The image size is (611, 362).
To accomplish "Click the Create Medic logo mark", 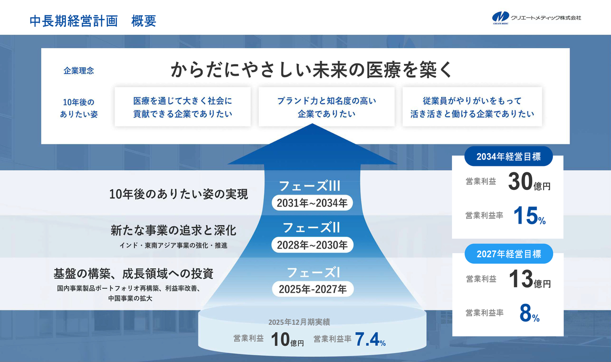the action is (x=501, y=18).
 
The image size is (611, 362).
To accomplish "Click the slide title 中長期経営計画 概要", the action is (x=93, y=21).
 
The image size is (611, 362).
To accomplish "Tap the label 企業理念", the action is (x=79, y=71).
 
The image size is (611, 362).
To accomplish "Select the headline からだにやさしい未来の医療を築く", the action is (x=312, y=70).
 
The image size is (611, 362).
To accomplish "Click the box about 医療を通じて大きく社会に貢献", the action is (x=182, y=106).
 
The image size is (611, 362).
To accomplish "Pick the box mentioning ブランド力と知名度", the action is (x=327, y=106).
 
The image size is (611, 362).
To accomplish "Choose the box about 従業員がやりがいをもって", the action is (x=472, y=106).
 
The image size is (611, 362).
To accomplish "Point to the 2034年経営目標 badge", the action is (x=508, y=156).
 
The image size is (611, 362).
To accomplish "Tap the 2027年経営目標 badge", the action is (x=509, y=254).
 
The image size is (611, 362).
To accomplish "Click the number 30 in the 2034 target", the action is (x=520, y=181).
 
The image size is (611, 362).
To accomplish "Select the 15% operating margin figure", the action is (x=529, y=216).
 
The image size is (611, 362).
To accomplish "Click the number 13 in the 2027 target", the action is (x=521, y=279).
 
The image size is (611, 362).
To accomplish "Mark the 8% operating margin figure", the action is (x=529, y=313).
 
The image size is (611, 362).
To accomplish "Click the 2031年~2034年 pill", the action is (x=312, y=203).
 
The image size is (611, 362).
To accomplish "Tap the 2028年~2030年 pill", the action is (x=312, y=245).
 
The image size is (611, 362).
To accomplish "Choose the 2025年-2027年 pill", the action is (x=313, y=289).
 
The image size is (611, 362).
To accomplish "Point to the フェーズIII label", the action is (x=310, y=186).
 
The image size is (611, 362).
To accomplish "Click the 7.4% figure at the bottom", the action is (x=370, y=339).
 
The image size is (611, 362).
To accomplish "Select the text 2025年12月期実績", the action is (x=299, y=322).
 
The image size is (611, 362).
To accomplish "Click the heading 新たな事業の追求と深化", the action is (x=173, y=230).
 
